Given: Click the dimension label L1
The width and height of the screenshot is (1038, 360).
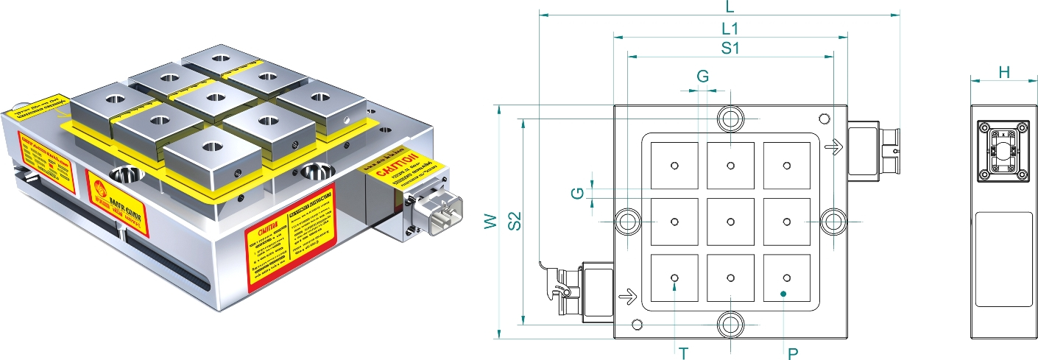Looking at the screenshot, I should click(x=730, y=29).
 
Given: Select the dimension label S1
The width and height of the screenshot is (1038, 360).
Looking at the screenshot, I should click(x=730, y=49).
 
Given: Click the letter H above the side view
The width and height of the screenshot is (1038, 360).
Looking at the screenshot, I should click(x=1003, y=71).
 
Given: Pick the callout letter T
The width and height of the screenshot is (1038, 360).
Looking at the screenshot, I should click(x=684, y=353).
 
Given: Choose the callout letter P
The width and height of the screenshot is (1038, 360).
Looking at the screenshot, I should click(x=793, y=353).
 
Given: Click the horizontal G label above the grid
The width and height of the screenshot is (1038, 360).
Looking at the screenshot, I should click(x=702, y=77).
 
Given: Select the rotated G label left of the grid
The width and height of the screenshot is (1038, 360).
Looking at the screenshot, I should click(x=579, y=193).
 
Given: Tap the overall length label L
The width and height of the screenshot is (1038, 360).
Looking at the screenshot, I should click(x=730, y=8).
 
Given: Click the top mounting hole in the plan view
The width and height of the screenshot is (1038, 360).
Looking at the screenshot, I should click(x=730, y=118).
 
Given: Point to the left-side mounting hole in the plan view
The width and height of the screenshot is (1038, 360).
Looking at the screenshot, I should click(x=627, y=221).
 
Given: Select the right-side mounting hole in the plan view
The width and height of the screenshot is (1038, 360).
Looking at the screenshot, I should click(x=833, y=221).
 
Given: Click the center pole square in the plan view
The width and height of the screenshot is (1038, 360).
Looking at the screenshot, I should click(x=730, y=222).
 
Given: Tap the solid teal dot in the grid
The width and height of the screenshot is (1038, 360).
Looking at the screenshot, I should click(x=783, y=294).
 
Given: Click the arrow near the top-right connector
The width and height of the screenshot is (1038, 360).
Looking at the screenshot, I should click(x=833, y=148).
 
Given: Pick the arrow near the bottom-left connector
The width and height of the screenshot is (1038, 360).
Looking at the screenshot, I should click(x=627, y=297).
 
